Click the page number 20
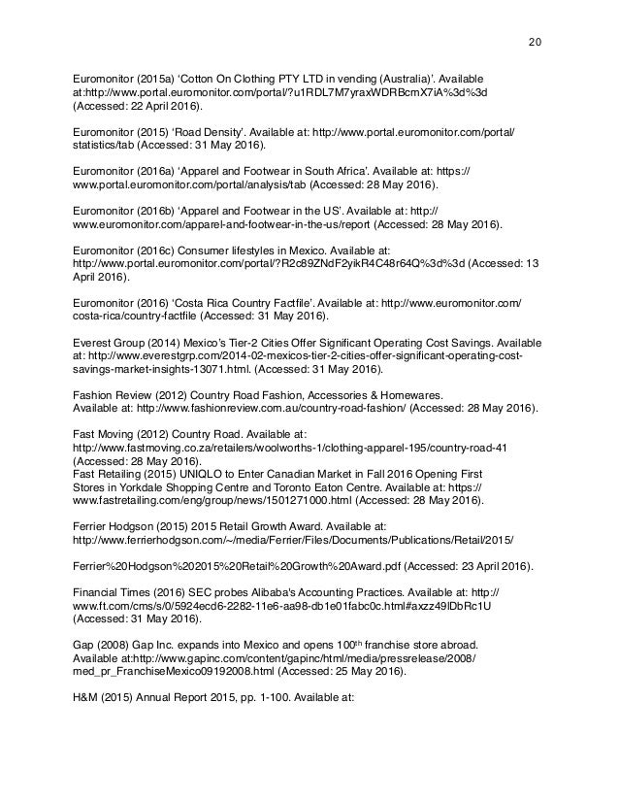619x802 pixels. [x=535, y=43]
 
